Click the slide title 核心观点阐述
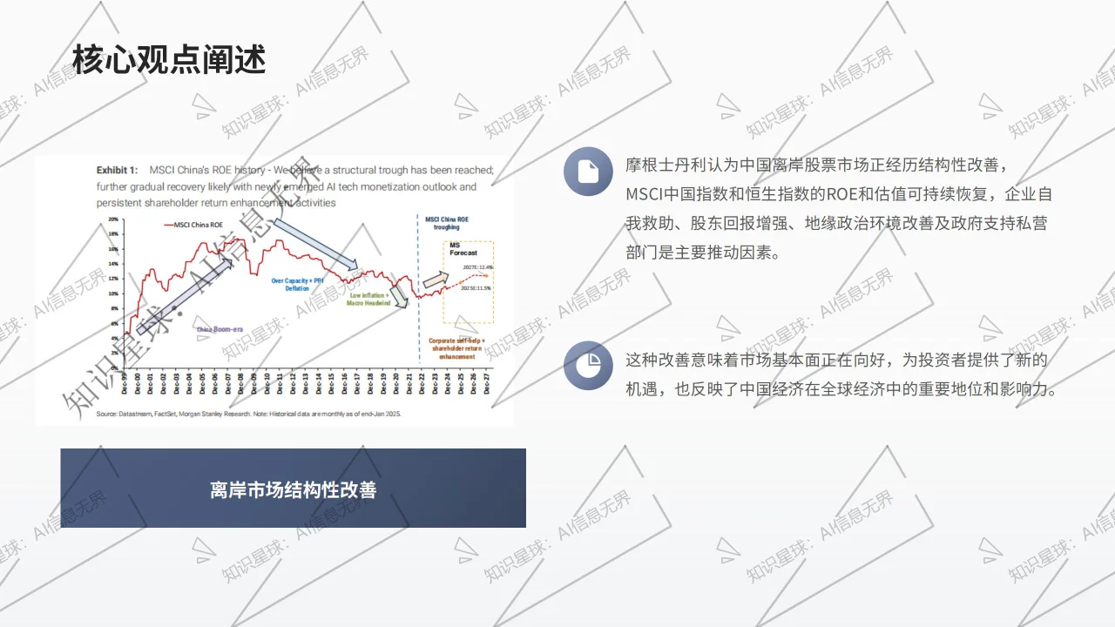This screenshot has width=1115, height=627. pos(169,59)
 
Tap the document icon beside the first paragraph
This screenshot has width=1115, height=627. pos(588,172)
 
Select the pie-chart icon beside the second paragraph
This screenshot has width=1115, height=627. pos(588,365)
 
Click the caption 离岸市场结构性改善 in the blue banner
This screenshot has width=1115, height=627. pos(293,489)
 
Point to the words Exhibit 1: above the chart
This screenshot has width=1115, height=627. pos(117,171)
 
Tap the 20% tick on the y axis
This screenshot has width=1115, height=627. pos(113,219)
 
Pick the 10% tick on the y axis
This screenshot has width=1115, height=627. pos(113,293)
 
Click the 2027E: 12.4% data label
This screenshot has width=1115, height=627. pos(478,267)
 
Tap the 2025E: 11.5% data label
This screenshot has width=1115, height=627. pos(476,287)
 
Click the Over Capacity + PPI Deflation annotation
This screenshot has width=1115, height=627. pos(297,284)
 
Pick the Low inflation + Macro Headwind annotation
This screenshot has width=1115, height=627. pos(369,300)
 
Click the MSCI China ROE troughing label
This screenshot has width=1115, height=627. pos(446,223)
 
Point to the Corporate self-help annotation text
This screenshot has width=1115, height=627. pos(457,347)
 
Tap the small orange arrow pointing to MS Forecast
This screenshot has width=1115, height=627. pos(434,280)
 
